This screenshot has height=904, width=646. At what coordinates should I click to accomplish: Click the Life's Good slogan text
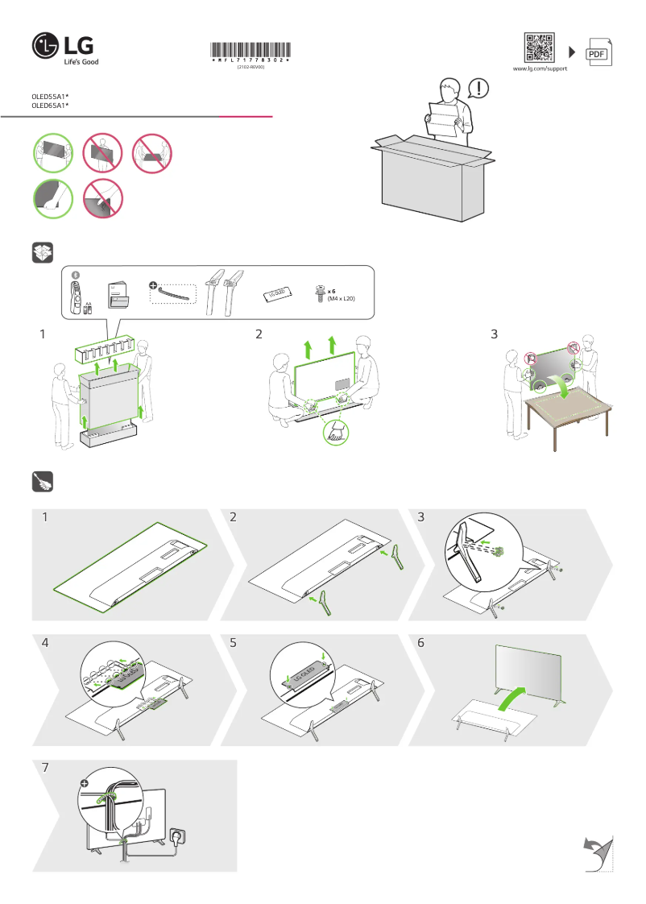click(81, 61)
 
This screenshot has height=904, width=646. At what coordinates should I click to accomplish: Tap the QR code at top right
click(539, 48)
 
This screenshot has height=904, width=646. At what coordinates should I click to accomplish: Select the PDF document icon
click(597, 52)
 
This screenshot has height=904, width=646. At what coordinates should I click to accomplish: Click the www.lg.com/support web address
click(540, 69)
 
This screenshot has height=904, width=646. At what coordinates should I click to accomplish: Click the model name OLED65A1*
click(50, 106)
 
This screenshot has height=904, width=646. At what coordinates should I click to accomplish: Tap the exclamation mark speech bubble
click(478, 88)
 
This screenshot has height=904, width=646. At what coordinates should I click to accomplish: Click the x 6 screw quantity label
click(331, 291)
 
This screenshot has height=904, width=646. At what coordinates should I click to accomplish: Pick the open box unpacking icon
click(43, 252)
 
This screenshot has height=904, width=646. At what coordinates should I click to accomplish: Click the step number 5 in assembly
click(234, 643)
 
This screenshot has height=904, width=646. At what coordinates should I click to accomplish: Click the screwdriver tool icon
click(43, 481)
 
